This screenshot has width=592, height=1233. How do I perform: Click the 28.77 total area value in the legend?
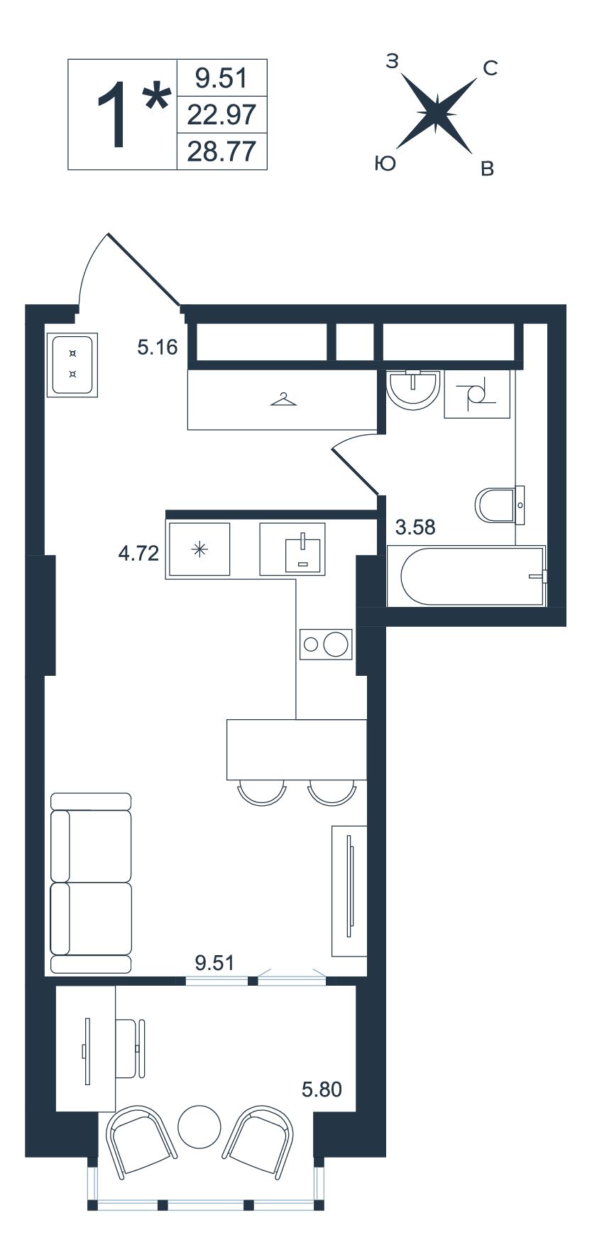click(221, 151)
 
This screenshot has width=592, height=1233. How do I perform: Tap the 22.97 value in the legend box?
click(221, 114)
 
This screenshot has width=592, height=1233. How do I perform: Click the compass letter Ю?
click(384, 164)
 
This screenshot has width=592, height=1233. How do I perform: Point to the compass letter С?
click(490, 68)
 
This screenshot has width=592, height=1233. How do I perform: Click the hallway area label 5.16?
click(158, 348)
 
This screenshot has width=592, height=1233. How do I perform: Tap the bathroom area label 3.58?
click(415, 527)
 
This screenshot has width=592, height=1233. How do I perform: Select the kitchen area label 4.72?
click(139, 553)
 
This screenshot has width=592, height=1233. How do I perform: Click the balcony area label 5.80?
click(322, 1089)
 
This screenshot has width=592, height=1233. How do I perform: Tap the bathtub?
click(467, 576)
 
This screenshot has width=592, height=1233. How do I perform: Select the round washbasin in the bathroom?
click(412, 389)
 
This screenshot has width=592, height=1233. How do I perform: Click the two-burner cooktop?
click(326, 645)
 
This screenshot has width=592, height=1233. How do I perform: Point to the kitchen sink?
click(292, 549)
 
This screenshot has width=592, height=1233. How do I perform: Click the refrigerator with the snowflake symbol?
click(199, 549)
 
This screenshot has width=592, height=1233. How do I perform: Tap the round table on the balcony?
click(199, 1126)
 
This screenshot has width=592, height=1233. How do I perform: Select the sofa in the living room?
click(92, 883)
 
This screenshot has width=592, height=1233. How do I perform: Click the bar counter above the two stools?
click(297, 750)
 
